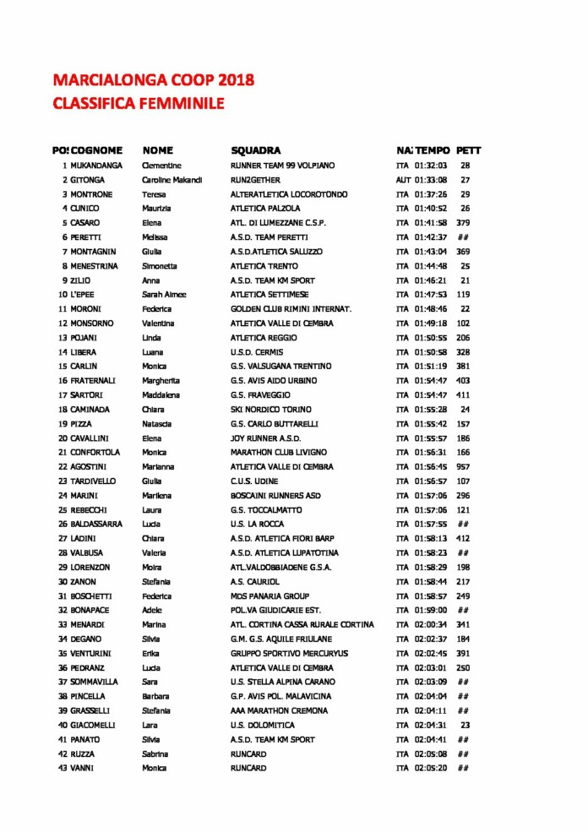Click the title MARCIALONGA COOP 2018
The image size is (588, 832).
coord(153,80)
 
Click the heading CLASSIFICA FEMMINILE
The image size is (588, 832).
coord(138,103)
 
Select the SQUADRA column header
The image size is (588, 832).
coord(255,150)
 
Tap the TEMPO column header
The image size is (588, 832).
coord(433,150)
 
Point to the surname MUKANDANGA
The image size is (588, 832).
coord(96,166)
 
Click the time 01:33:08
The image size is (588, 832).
coord(431,180)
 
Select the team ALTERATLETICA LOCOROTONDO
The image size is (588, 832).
coord(289,194)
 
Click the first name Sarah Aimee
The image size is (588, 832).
coord(164,295)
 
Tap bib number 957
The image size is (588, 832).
coord(464,467)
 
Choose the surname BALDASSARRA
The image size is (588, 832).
coord(96,525)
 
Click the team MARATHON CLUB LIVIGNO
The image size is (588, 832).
coord(278,453)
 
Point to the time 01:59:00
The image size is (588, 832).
coord(431,611)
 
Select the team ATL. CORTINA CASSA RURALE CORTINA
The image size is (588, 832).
coord(302,625)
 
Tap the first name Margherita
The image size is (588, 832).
coord(161,381)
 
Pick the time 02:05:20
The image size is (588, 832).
coord(431,769)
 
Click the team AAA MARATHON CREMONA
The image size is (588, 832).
coord(279,711)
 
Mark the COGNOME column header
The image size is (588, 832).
coord(97,150)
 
